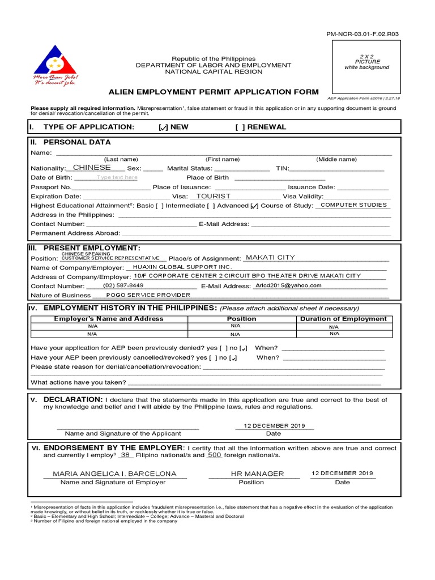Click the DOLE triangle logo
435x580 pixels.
(56, 61)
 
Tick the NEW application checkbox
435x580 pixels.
(163, 127)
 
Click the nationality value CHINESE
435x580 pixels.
(92, 168)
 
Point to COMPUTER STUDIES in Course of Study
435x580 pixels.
(353, 205)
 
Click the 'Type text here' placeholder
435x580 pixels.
(117, 177)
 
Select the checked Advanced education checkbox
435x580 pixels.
(254, 206)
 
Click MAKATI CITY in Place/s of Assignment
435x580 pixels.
(270, 258)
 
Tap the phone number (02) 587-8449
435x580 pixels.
(123, 285)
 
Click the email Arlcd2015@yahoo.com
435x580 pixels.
(288, 285)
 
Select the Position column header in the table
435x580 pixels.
(241, 319)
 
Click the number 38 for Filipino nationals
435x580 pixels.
(126, 455)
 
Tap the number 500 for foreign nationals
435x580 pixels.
(214, 455)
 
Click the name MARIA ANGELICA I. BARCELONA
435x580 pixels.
(114, 474)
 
